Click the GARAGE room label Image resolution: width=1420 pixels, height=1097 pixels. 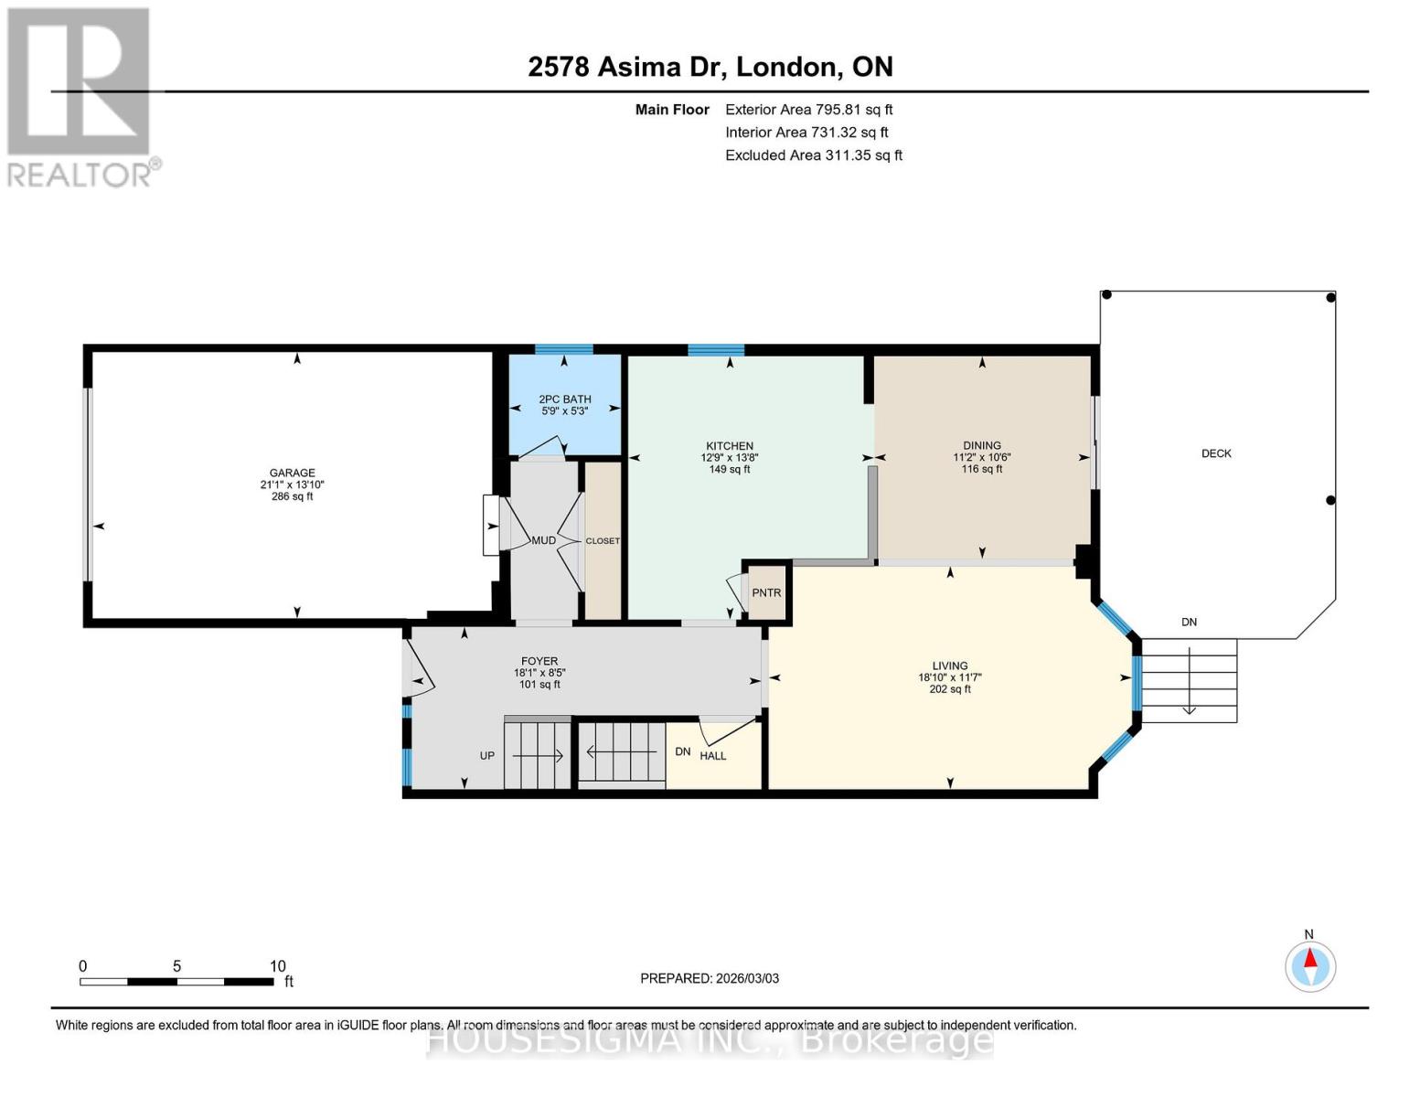pyautogui.click(x=292, y=473)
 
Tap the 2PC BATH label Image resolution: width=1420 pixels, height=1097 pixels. pyautogui.click(x=564, y=399)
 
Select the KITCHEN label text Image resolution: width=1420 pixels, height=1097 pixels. pyautogui.click(x=729, y=446)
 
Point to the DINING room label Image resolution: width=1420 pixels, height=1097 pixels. pyautogui.click(x=981, y=445)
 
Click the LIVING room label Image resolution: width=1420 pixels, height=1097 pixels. pyautogui.click(x=949, y=666)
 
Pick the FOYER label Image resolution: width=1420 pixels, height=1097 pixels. pyautogui.click(x=539, y=661)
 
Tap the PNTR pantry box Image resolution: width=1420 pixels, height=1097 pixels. pyautogui.click(x=766, y=592)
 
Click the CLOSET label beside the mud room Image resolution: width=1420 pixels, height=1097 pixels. pyautogui.click(x=603, y=540)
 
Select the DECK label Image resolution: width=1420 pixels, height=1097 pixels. pyautogui.click(x=1216, y=453)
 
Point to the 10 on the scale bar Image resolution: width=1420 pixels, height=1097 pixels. pyautogui.click(x=278, y=965)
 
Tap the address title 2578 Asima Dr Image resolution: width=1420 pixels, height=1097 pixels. pyautogui.click(x=710, y=67)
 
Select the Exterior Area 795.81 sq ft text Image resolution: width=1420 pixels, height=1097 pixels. pyautogui.click(x=808, y=109)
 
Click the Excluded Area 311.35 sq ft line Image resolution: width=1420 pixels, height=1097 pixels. pyautogui.click(x=813, y=155)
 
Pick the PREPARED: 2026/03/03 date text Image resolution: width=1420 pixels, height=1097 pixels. pyautogui.click(x=710, y=978)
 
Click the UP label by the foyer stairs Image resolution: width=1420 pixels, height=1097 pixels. pyautogui.click(x=487, y=755)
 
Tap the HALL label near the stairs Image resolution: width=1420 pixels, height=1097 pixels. pyautogui.click(x=712, y=755)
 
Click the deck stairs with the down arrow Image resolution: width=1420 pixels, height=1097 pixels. pyautogui.click(x=1189, y=680)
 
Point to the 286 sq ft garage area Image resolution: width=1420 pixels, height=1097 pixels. pyautogui.click(x=292, y=496)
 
